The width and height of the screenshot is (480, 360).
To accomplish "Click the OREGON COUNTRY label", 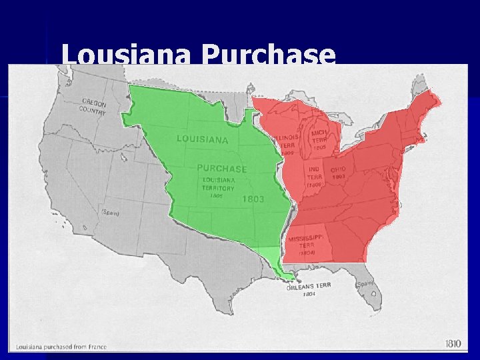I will click(x=94, y=107).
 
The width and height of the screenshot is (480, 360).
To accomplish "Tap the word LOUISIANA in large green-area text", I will click(x=202, y=139).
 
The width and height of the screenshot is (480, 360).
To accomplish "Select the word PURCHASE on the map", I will click(x=221, y=169).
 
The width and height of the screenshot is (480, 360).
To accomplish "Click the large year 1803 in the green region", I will click(x=253, y=199).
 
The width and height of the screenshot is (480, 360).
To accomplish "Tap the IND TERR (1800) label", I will click(x=315, y=177).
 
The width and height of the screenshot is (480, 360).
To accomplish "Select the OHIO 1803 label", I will click(x=338, y=173).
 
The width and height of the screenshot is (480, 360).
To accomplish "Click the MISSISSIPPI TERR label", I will click(x=307, y=241).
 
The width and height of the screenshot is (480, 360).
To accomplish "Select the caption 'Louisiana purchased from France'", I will click(x=61, y=347).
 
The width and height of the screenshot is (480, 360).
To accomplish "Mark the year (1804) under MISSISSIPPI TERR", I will click(x=306, y=253).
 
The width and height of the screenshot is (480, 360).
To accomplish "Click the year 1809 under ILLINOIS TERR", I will click(x=287, y=153).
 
